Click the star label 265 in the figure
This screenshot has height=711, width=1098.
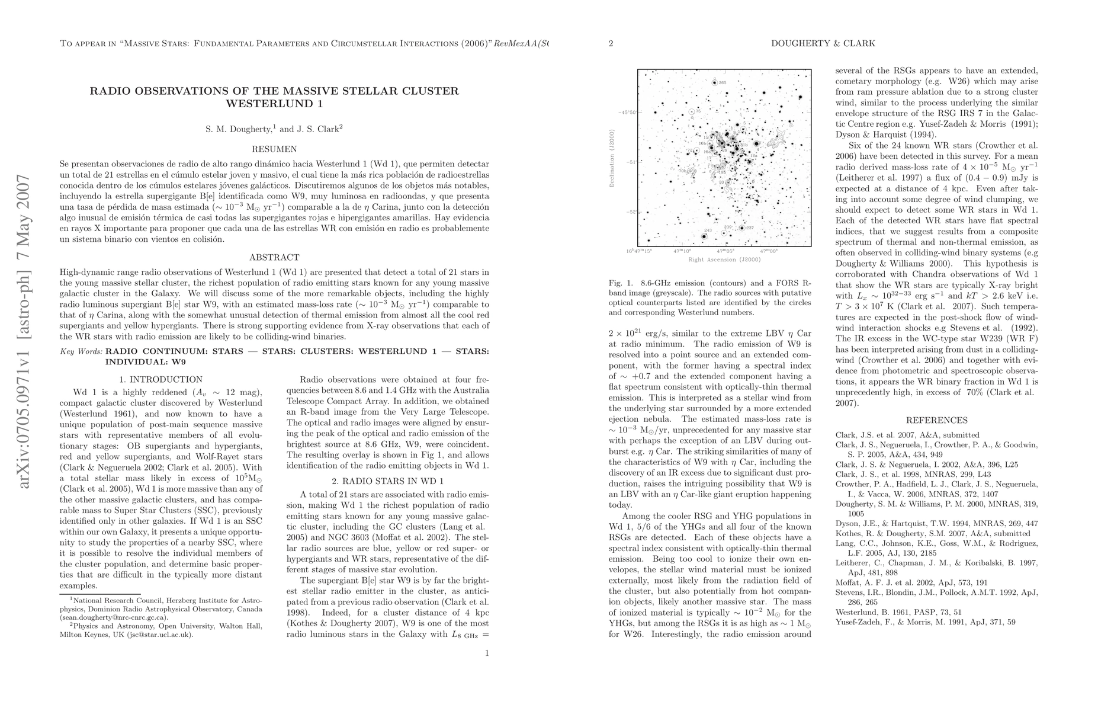coord(723,82)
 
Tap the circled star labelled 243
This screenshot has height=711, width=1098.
coord(704,236)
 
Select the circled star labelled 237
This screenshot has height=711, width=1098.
coord(742,228)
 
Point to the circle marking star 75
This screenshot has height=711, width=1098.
coord(692,111)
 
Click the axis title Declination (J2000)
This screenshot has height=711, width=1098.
coord(612,158)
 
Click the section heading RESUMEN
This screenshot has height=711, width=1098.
coord(274,149)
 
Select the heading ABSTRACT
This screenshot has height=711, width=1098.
coord(274,258)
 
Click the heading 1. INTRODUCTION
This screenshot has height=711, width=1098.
coord(160,380)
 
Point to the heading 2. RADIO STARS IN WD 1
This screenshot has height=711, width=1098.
coord(388,482)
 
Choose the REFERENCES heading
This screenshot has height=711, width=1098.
coord(936,421)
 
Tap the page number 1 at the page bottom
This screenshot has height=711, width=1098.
coord(487,654)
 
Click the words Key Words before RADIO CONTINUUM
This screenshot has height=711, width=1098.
coord(81,351)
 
